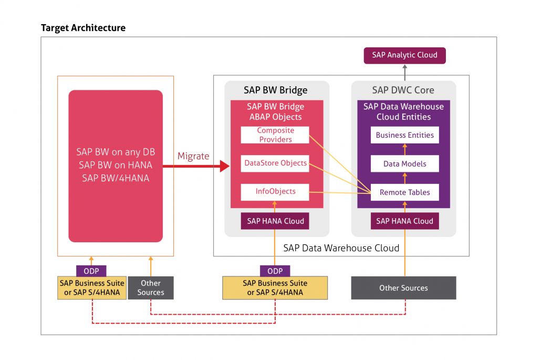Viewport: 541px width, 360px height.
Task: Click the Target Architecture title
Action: pyautogui.click(x=83, y=28)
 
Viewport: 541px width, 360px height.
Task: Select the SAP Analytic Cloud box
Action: pyautogui.click(x=404, y=55)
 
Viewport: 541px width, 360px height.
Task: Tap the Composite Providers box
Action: pyautogui.click(x=275, y=135)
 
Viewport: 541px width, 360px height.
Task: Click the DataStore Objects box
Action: pyautogui.click(x=275, y=163)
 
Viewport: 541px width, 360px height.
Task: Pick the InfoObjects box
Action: pyautogui.click(x=275, y=192)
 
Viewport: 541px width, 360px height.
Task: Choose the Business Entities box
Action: pyautogui.click(x=404, y=135)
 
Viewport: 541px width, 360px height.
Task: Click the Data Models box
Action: pyautogui.click(x=404, y=164)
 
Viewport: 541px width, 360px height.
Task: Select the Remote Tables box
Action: pyautogui.click(x=404, y=192)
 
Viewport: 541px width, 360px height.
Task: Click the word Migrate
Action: pyautogui.click(x=193, y=156)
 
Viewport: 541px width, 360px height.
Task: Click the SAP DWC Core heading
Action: pyautogui.click(x=403, y=90)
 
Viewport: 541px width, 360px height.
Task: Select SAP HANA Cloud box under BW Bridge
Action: pyautogui.click(x=275, y=221)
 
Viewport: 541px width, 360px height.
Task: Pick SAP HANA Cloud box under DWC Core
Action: pyautogui.click(x=404, y=221)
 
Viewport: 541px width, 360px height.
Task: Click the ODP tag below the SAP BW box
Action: pyautogui.click(x=91, y=271)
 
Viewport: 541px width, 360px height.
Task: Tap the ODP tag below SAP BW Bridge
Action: pyautogui.click(x=275, y=271)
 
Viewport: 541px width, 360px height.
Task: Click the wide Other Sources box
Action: pyautogui.click(x=403, y=288)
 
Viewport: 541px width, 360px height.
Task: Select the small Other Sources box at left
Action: pyautogui.click(x=151, y=288)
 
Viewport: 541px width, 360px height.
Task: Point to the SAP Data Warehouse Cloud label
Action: pyautogui.click(x=341, y=248)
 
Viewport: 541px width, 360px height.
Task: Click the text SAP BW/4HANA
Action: pyautogui.click(x=116, y=178)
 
